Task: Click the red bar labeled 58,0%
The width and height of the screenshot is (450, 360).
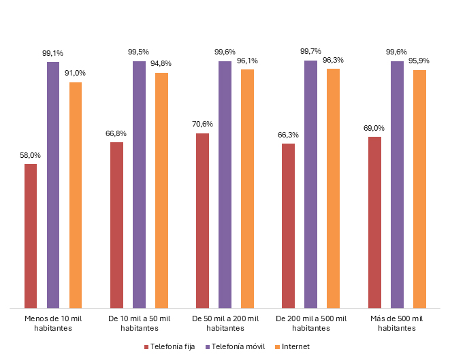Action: [31, 236]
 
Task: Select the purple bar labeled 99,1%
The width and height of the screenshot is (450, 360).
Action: [53, 185]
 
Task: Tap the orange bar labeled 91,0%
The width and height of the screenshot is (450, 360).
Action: [76, 195]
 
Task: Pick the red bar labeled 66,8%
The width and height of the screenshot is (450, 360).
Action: [116, 225]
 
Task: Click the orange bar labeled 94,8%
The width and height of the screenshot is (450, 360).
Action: [161, 191]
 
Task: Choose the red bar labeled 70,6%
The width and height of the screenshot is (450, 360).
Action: [202, 220]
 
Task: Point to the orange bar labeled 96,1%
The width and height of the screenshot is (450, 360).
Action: [247, 189]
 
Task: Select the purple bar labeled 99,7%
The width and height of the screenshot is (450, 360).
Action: [310, 184]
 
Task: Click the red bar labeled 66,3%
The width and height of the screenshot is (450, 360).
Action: [288, 226]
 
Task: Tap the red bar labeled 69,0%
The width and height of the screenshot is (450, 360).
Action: [374, 223]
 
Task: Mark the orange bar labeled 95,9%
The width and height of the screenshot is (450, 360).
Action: [419, 189]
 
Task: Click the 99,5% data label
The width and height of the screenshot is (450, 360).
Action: [138, 52]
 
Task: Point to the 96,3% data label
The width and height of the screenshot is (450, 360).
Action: [333, 60]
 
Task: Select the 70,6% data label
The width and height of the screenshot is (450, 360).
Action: [202, 124]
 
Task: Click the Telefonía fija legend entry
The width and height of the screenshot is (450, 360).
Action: [169, 346]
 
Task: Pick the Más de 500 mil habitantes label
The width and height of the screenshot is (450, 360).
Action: [397, 323]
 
